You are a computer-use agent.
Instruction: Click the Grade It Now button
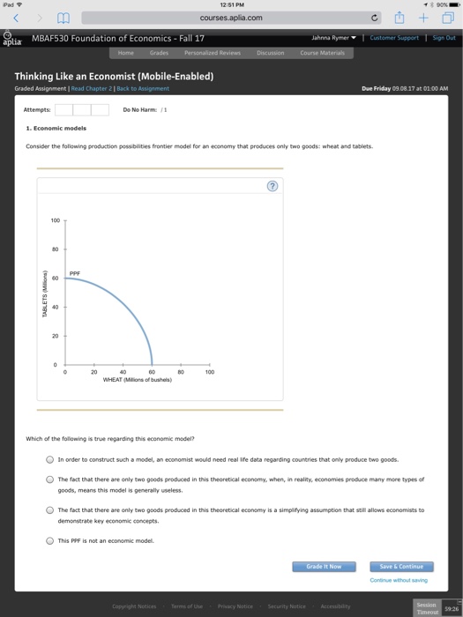coord(324,566)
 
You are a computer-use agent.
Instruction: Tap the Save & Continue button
coord(401,566)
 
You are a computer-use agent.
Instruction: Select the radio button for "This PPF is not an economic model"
coord(50,541)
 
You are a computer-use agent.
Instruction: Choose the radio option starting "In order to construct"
coord(50,459)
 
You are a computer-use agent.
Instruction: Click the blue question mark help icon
coord(273,186)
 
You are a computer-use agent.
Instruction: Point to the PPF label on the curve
coord(75,273)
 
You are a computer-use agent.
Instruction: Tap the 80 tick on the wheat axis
coord(181,372)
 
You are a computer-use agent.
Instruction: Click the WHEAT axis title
coord(137,379)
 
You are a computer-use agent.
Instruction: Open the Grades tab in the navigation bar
coord(158,52)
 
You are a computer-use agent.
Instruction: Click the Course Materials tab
coord(321,52)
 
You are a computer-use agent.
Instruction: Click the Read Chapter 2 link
coord(92,89)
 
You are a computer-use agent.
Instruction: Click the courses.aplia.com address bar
coord(231,17)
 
